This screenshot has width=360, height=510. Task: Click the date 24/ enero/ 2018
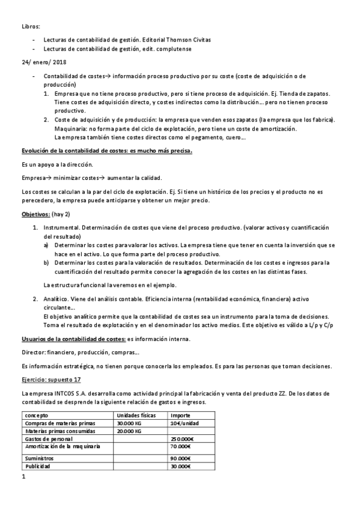(43, 62)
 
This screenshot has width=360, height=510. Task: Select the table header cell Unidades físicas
(136, 414)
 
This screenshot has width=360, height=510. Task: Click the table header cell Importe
(181, 414)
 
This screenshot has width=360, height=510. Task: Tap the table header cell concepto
(37, 414)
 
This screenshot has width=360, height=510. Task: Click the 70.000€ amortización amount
(180, 447)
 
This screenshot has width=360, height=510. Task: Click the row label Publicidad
(38, 466)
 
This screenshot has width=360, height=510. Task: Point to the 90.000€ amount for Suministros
(180, 458)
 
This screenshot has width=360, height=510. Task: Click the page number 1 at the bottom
(23, 478)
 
